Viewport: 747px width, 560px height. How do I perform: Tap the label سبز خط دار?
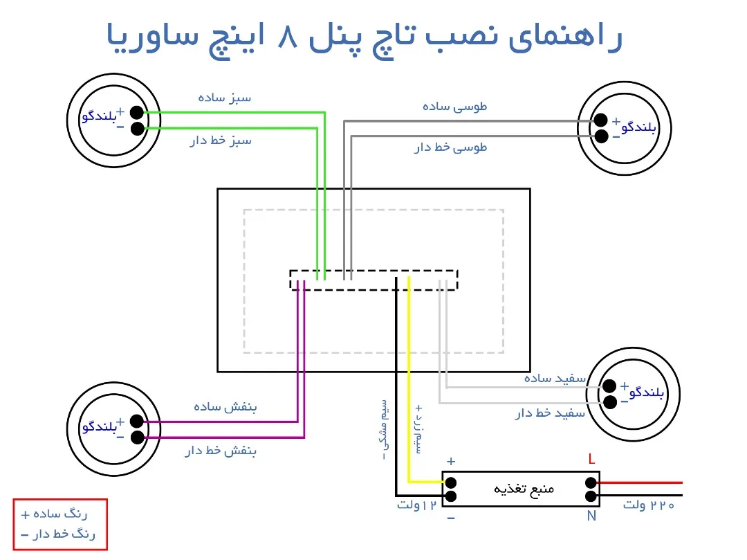click(221, 141)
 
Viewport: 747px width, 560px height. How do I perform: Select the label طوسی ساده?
click(454, 107)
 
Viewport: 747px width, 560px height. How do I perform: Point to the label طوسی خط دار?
click(450, 147)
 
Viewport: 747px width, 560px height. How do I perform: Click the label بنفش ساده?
click(225, 407)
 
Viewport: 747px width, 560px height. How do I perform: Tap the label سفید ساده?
click(555, 378)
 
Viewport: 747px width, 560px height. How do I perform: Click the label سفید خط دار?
click(550, 413)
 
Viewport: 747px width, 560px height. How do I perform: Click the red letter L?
click(591, 459)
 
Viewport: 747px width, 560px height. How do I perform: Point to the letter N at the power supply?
click(591, 516)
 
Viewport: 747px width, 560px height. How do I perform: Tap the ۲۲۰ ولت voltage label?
click(648, 505)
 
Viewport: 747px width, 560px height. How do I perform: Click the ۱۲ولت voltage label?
click(418, 505)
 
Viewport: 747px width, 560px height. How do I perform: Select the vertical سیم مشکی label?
click(383, 429)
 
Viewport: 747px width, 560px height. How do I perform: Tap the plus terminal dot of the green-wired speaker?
click(137, 113)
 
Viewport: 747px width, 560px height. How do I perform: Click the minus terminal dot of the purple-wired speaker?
click(137, 437)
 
